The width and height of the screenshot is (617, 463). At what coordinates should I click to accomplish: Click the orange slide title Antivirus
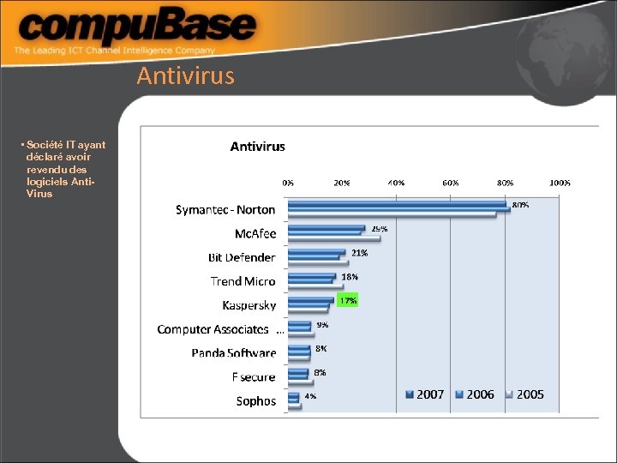(185, 76)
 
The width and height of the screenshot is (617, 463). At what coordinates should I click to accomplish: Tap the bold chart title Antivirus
(258, 147)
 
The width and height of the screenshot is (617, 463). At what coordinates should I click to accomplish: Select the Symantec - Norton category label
(225, 209)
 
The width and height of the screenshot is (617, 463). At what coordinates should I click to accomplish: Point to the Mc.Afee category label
(255, 233)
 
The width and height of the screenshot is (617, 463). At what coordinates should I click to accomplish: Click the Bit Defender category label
(242, 257)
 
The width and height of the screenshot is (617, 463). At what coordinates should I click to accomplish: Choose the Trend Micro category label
(243, 281)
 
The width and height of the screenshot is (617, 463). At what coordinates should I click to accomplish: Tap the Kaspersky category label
(249, 305)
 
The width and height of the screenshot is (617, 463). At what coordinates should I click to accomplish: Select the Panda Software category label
(234, 352)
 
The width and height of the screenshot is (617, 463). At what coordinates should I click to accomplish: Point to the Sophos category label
(256, 400)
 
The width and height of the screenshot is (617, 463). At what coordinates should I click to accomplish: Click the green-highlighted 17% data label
(348, 301)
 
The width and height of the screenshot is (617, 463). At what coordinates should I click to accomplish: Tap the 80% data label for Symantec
(520, 205)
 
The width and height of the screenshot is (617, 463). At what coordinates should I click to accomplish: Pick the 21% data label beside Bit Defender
(360, 253)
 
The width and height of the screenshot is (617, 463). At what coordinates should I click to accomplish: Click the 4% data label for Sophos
(310, 396)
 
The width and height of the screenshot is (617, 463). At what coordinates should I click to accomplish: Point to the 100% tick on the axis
(560, 183)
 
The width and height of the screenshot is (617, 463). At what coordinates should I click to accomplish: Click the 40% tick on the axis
(396, 183)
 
